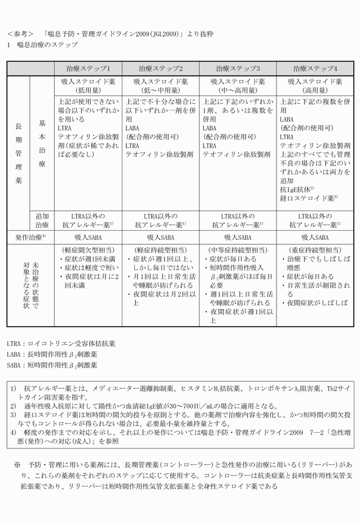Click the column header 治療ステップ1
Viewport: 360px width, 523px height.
click(93, 68)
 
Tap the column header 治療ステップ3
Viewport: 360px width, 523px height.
click(238, 68)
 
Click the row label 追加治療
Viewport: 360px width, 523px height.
click(43, 221)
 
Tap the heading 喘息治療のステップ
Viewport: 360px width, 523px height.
click(49, 44)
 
